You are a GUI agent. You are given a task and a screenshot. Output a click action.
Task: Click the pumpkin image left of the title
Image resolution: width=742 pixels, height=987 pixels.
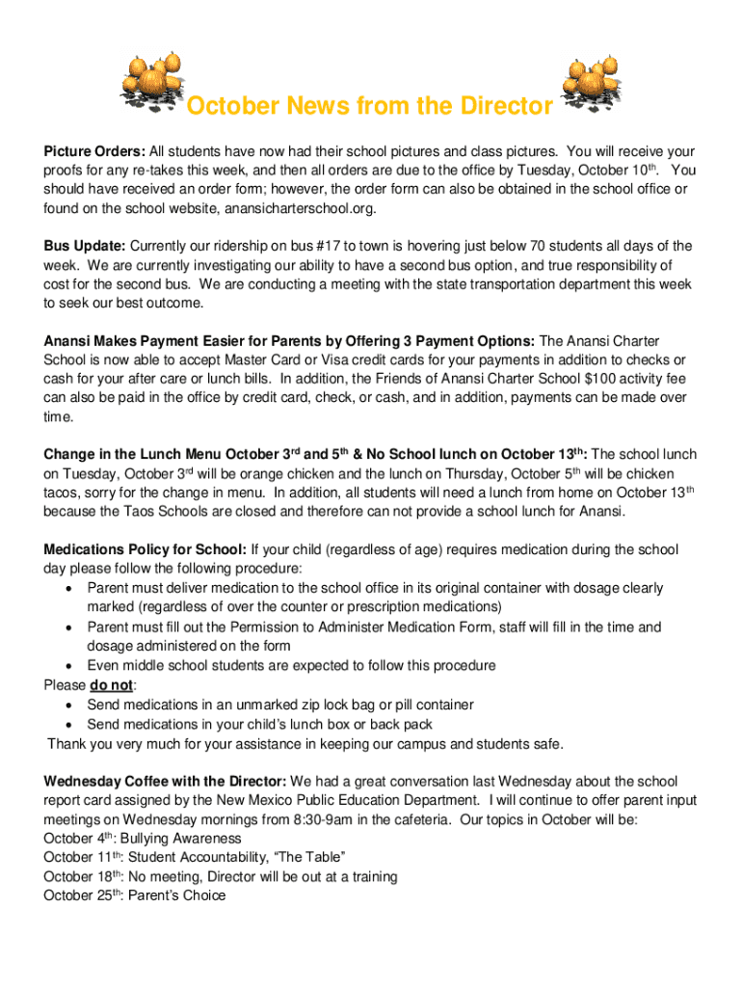[151, 78]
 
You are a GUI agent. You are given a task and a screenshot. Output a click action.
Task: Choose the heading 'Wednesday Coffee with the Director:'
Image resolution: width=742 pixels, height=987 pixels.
[165, 781]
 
